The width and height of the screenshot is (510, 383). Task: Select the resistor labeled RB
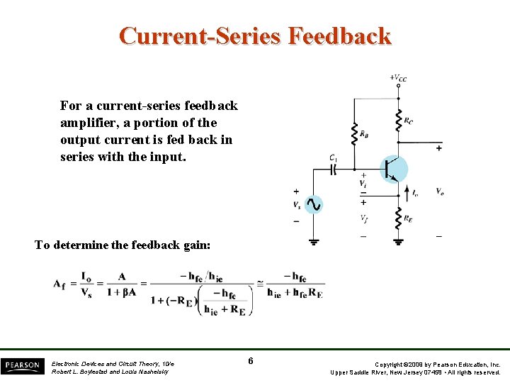click(x=354, y=132)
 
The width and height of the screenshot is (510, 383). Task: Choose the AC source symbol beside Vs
click(x=312, y=205)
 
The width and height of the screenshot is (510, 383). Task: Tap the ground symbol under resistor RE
click(x=398, y=240)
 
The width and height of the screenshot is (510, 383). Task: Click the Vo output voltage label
click(x=440, y=191)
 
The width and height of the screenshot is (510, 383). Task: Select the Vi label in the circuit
click(x=363, y=184)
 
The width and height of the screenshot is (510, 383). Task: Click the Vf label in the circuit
click(x=363, y=218)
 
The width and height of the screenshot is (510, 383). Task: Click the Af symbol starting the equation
click(x=59, y=284)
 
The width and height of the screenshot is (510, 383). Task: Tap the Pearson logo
click(x=22, y=366)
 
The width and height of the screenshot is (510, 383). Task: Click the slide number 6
click(x=251, y=362)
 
